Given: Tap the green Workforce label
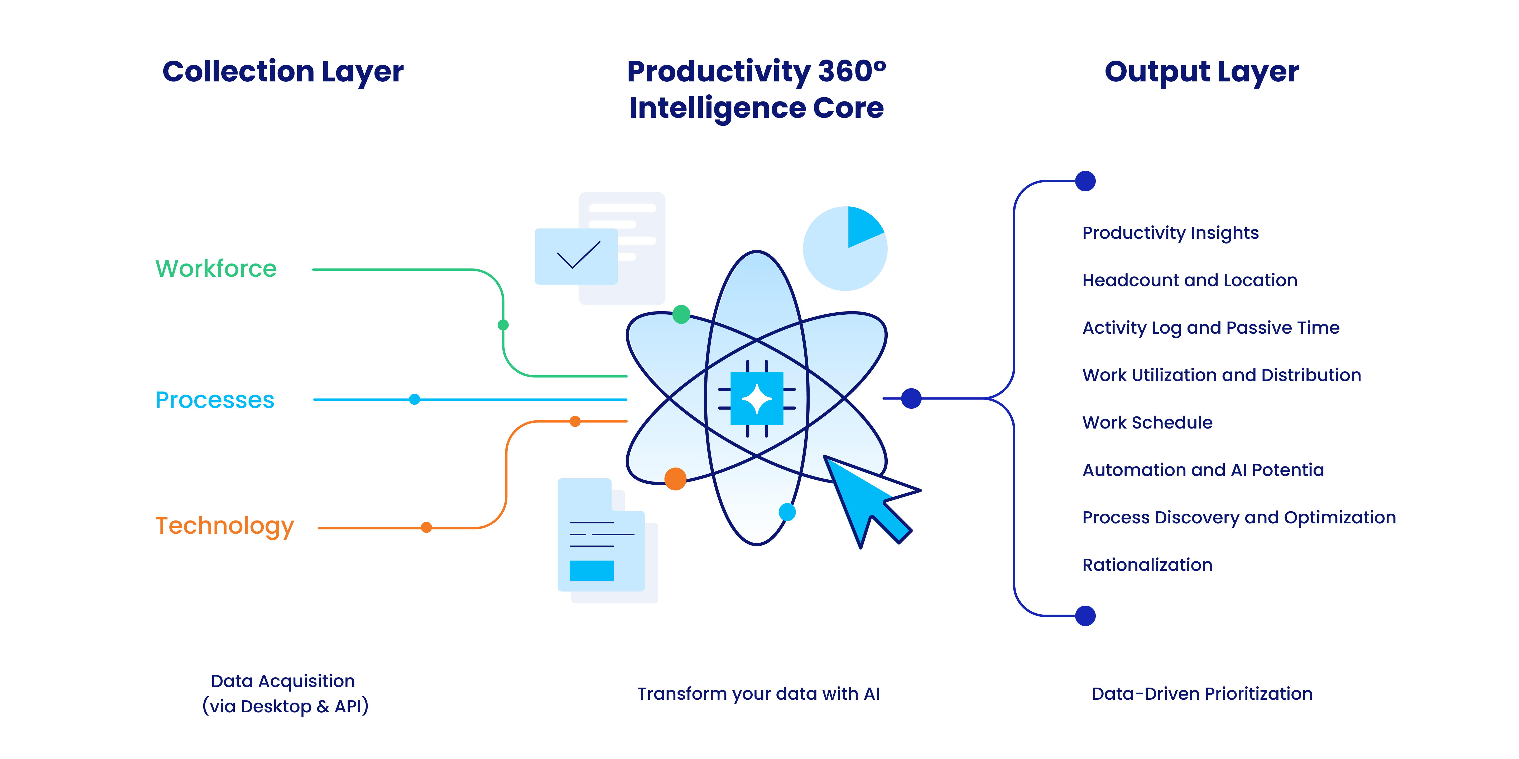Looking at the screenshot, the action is tap(216, 269).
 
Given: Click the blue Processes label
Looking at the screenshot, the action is tap(215, 400).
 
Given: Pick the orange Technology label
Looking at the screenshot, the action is tap(225, 526).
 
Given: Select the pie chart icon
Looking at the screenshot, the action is tap(845, 248).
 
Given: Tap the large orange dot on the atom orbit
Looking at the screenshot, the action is tap(675, 479).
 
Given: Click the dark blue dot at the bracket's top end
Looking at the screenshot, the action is tap(1085, 181).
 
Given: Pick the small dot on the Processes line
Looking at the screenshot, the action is tap(415, 400).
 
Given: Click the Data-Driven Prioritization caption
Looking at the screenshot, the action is tap(1202, 694).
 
